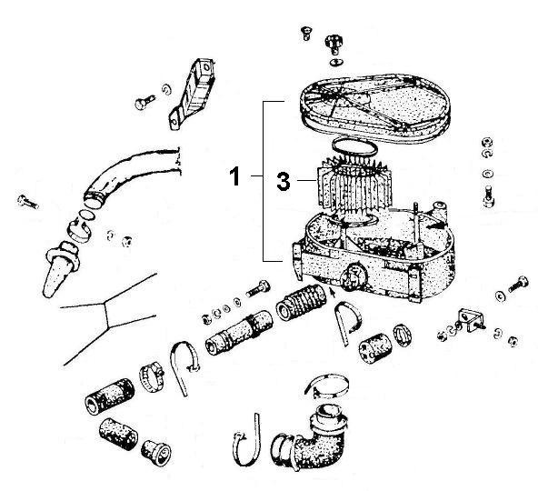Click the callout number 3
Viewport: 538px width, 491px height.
tap(284, 182)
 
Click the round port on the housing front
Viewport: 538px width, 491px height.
tap(354, 274)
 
